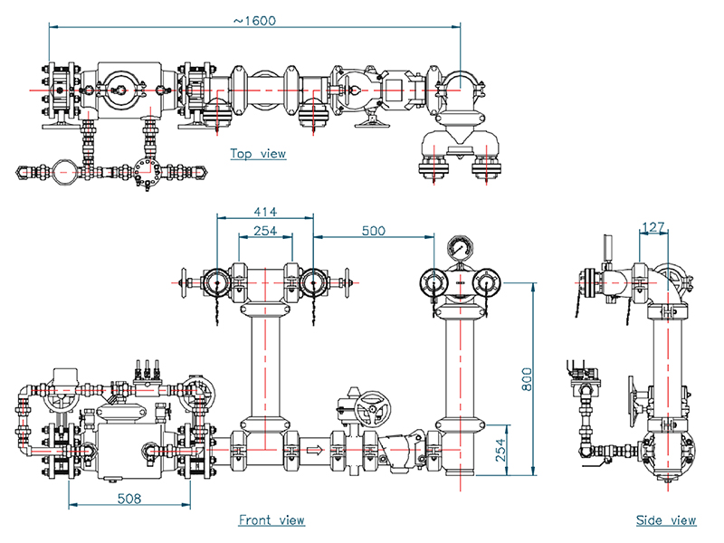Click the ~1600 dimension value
coord(254,21)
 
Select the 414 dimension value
coord(265,212)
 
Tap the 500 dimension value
coord(373,231)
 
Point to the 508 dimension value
coord(129,499)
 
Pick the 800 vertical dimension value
coord(527,379)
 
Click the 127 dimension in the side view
coord(653,227)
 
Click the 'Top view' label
coord(258,153)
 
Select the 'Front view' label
coord(271,519)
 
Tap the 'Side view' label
coord(666,520)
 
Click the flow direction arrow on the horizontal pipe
coord(314,449)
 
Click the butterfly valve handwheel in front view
coord(372,409)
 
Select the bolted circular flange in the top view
coord(147,172)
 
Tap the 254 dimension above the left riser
coord(265,231)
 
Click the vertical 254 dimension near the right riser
coord(500,450)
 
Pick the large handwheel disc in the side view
coord(632,401)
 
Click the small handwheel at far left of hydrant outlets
coord(184,282)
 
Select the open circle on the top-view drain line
coord(63,172)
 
